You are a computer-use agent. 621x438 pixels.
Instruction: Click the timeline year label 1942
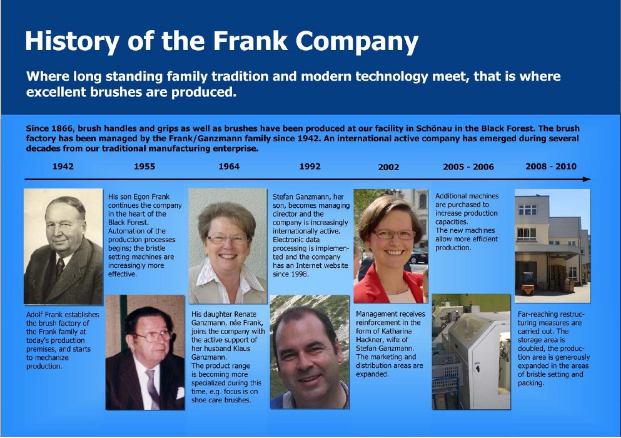(63, 166)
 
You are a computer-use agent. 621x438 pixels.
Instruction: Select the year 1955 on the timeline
(144, 166)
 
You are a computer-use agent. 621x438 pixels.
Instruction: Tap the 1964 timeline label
(229, 166)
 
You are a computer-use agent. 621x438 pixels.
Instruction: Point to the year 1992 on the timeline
(310, 166)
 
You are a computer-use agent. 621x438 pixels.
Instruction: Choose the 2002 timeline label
(388, 167)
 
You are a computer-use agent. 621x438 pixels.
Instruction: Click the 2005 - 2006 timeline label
(468, 166)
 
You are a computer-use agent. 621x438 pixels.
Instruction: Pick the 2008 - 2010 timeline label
(551, 166)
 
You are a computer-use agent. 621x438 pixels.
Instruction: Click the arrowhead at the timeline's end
(587, 179)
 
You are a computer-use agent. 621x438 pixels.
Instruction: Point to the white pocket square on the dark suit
(180, 393)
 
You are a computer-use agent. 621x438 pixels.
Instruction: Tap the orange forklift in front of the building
(528, 284)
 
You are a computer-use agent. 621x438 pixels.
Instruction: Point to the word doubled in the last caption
(532, 349)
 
